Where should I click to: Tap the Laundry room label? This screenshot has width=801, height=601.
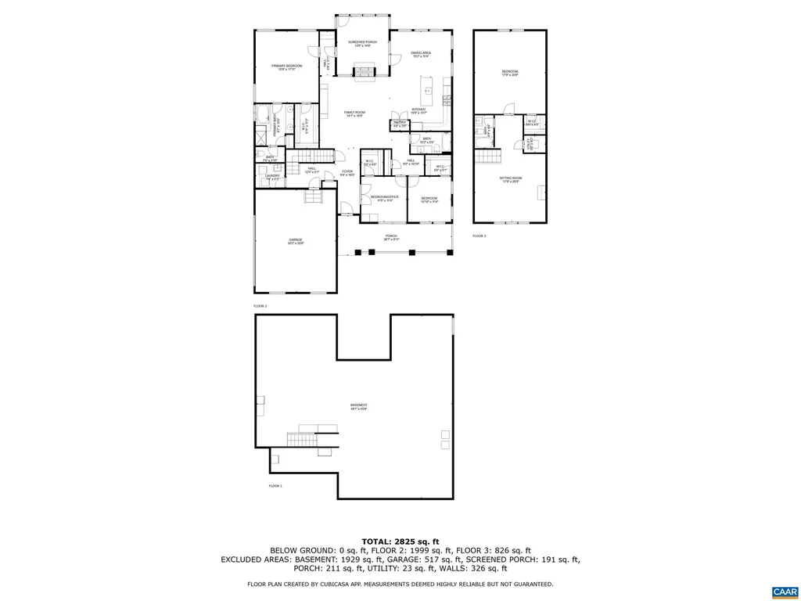click(271, 177)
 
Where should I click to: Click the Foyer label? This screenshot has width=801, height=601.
click(347, 173)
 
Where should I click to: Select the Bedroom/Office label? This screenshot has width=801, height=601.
click(385, 198)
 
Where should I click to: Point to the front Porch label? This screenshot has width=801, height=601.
click(391, 237)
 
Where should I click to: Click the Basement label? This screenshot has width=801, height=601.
click(358, 406)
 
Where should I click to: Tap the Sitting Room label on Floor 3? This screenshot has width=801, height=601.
click(511, 179)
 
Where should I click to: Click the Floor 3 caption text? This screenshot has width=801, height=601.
click(479, 236)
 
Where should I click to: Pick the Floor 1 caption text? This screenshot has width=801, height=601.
click(275, 486)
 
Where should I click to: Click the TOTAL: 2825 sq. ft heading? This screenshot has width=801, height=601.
click(400, 541)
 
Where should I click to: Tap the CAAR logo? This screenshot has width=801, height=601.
click(783, 591)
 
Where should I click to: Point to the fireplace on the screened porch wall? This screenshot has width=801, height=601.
click(365, 73)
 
